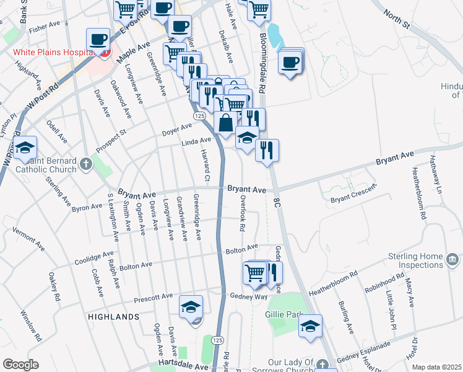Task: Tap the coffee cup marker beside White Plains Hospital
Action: tap(98, 41)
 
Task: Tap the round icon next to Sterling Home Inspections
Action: tap(452, 259)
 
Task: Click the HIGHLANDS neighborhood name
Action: tap(113, 317)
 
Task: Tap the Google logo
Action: tap(20, 365)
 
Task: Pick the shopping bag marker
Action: tap(225, 123)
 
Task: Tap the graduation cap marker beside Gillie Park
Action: tap(311, 326)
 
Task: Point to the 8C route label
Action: tap(277, 202)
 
